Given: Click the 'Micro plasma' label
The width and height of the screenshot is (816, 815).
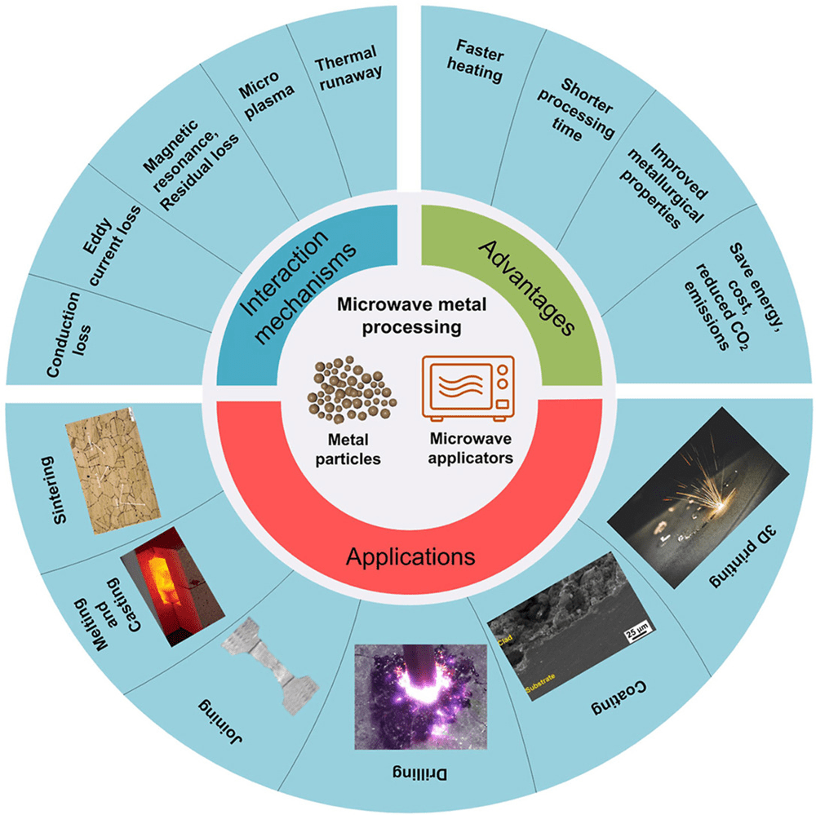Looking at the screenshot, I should tap(264, 92).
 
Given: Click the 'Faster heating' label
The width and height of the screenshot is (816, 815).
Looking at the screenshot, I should tap(477, 61).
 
